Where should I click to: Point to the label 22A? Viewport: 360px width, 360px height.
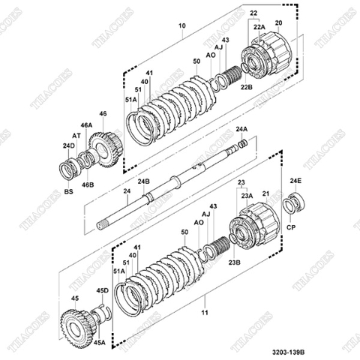(259, 27)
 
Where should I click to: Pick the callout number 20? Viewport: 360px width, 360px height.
(279, 23)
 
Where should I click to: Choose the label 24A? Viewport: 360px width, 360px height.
(241, 130)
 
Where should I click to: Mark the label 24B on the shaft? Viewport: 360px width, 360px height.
(142, 181)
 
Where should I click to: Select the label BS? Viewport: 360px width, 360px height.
(68, 192)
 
